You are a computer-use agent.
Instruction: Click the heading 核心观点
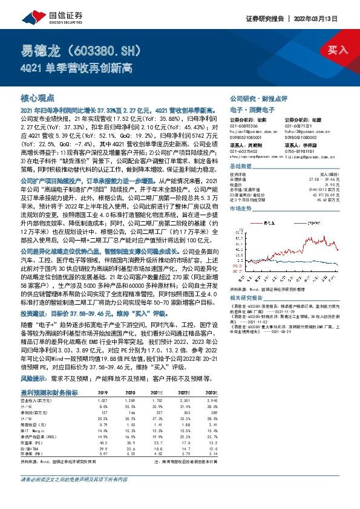tap(38, 97)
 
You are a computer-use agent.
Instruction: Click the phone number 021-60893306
tap(246, 125)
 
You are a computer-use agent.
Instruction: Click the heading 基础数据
tap(241, 166)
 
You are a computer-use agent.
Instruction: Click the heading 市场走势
tap(241, 207)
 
